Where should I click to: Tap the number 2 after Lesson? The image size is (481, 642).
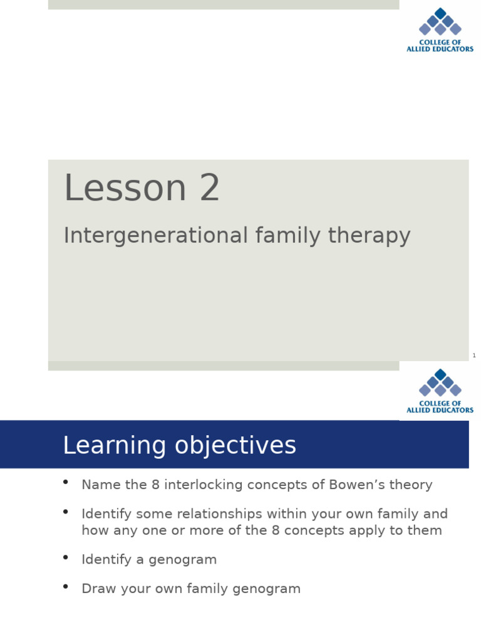click(x=210, y=188)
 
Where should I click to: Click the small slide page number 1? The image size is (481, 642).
click(x=474, y=356)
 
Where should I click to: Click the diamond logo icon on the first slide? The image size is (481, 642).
click(x=440, y=22)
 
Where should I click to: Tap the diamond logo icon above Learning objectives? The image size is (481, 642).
click(x=440, y=382)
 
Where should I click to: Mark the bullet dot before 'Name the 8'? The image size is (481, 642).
click(x=66, y=483)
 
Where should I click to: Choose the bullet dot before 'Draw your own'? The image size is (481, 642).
click(x=66, y=587)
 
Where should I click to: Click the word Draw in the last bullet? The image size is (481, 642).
click(x=96, y=589)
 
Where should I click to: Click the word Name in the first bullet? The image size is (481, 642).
click(x=98, y=485)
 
